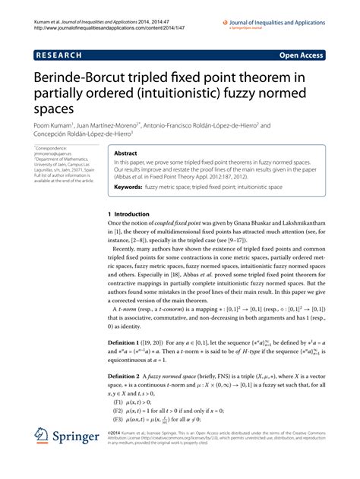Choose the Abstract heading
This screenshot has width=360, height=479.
[x=124, y=152]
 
